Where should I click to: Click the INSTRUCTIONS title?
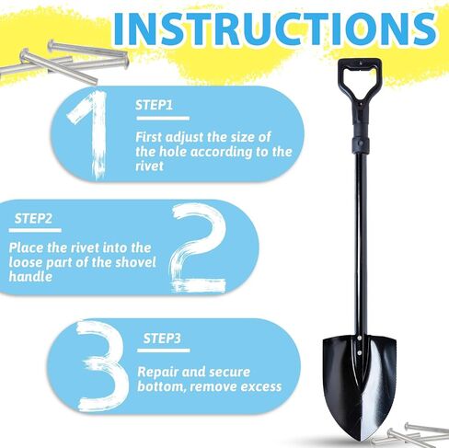(x=274, y=29)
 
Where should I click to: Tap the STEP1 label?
(x=154, y=105)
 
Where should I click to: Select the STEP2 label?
(x=33, y=219)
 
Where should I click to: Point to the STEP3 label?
(x=162, y=339)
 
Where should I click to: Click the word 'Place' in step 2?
(x=26, y=247)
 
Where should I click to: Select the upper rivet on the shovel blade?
(x=359, y=339)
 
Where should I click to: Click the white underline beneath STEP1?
(x=163, y=119)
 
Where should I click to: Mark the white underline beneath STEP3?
(x=164, y=350)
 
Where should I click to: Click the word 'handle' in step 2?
(x=30, y=277)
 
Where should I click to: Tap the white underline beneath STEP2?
(x=35, y=230)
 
